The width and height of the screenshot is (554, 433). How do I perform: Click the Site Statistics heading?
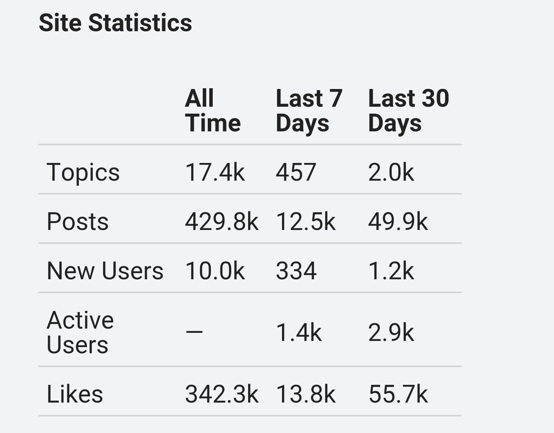pos(115,23)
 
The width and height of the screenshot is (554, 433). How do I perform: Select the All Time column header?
pos(213,111)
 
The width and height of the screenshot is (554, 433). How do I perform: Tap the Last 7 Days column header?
pos(309,111)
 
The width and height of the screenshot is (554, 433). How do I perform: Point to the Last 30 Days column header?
pos(409,111)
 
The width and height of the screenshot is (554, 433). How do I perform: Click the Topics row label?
pos(83,172)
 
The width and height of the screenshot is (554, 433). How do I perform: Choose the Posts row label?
pos(78,222)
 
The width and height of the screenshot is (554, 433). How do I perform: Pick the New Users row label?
pos(105,270)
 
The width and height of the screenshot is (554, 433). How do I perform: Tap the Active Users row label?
pos(80,332)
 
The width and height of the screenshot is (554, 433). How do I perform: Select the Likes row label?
pos(75,394)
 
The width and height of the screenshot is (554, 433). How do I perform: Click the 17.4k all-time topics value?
pos(215,172)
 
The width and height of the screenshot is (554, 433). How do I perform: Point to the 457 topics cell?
pos(296,172)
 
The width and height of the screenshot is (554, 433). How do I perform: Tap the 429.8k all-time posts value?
pos(222,222)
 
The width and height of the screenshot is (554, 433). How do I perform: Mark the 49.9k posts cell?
pos(398,222)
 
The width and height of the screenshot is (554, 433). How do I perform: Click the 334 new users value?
pos(296,270)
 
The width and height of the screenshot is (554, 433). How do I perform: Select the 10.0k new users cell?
pos(215,270)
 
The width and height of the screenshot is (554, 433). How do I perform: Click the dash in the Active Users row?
pos(194,332)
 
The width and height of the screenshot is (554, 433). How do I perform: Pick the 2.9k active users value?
pos(391,332)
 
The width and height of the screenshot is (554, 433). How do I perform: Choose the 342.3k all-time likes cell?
pos(222,394)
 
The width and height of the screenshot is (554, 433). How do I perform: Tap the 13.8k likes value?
pos(305,394)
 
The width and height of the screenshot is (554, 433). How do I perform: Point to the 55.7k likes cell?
pos(398,394)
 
